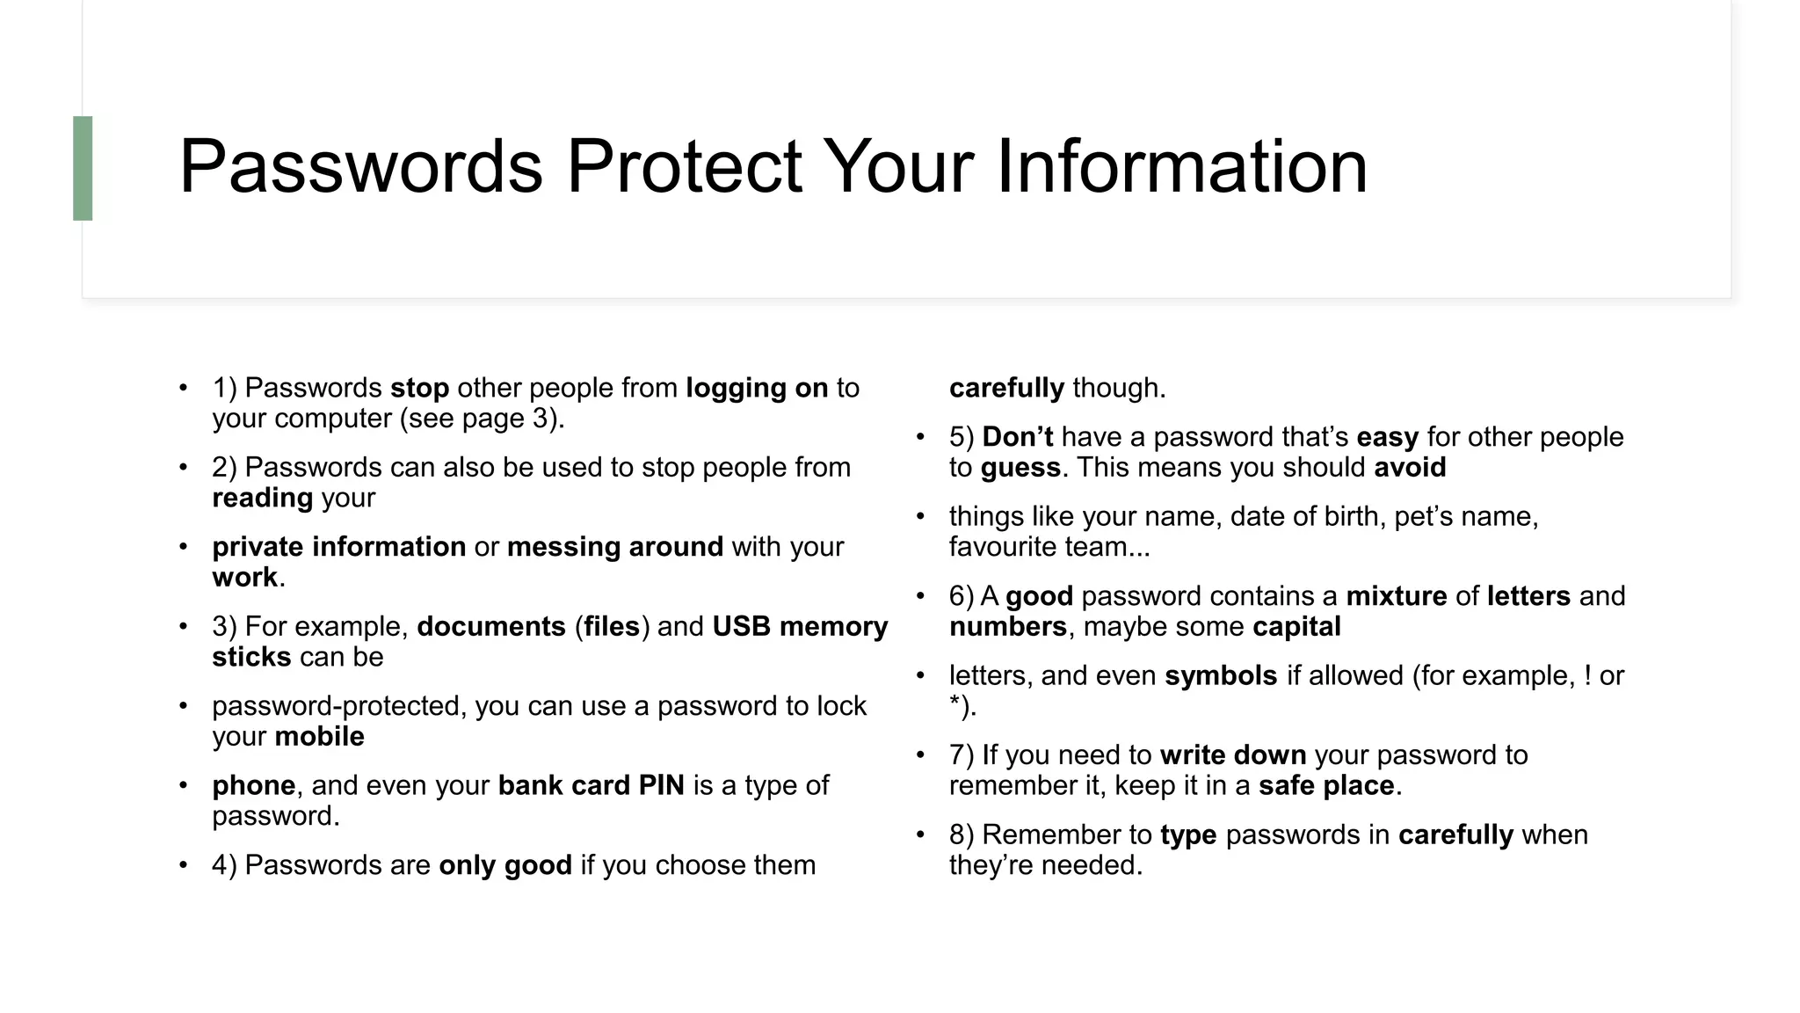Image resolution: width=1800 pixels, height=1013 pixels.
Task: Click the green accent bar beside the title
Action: pyautogui.click(x=83, y=168)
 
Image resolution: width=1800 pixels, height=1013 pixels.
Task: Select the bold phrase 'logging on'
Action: pyautogui.click(x=757, y=388)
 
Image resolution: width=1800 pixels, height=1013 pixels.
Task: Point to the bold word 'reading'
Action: pyautogui.click(x=262, y=498)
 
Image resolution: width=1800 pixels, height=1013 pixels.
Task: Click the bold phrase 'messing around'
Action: pyautogui.click(x=615, y=547)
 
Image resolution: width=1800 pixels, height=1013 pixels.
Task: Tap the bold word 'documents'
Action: pyautogui.click(x=491, y=626)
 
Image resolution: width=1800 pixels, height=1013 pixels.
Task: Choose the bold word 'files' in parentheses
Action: pyautogui.click(x=612, y=626)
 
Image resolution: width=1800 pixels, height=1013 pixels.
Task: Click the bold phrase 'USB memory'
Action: pyautogui.click(x=800, y=626)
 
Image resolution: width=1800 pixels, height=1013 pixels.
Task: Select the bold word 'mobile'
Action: pyautogui.click(x=319, y=736)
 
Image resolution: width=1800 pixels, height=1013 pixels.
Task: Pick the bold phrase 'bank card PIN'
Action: pyautogui.click(x=591, y=785)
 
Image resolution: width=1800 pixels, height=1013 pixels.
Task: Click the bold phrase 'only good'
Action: pyautogui.click(x=505, y=865)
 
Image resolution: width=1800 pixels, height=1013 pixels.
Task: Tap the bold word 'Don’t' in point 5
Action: pyautogui.click(x=1017, y=437)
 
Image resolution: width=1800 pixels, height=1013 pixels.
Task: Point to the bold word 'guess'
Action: pyautogui.click(x=1020, y=467)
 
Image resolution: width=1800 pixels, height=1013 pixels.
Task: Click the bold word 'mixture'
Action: pyautogui.click(x=1396, y=596)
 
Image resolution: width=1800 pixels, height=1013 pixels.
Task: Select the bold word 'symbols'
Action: pyautogui.click(x=1221, y=675)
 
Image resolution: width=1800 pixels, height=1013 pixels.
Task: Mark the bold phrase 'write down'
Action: pyautogui.click(x=1233, y=755)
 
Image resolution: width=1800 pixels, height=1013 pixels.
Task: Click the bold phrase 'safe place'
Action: pyautogui.click(x=1326, y=785)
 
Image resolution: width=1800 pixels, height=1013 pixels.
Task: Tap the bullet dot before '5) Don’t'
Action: pyautogui.click(x=920, y=437)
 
